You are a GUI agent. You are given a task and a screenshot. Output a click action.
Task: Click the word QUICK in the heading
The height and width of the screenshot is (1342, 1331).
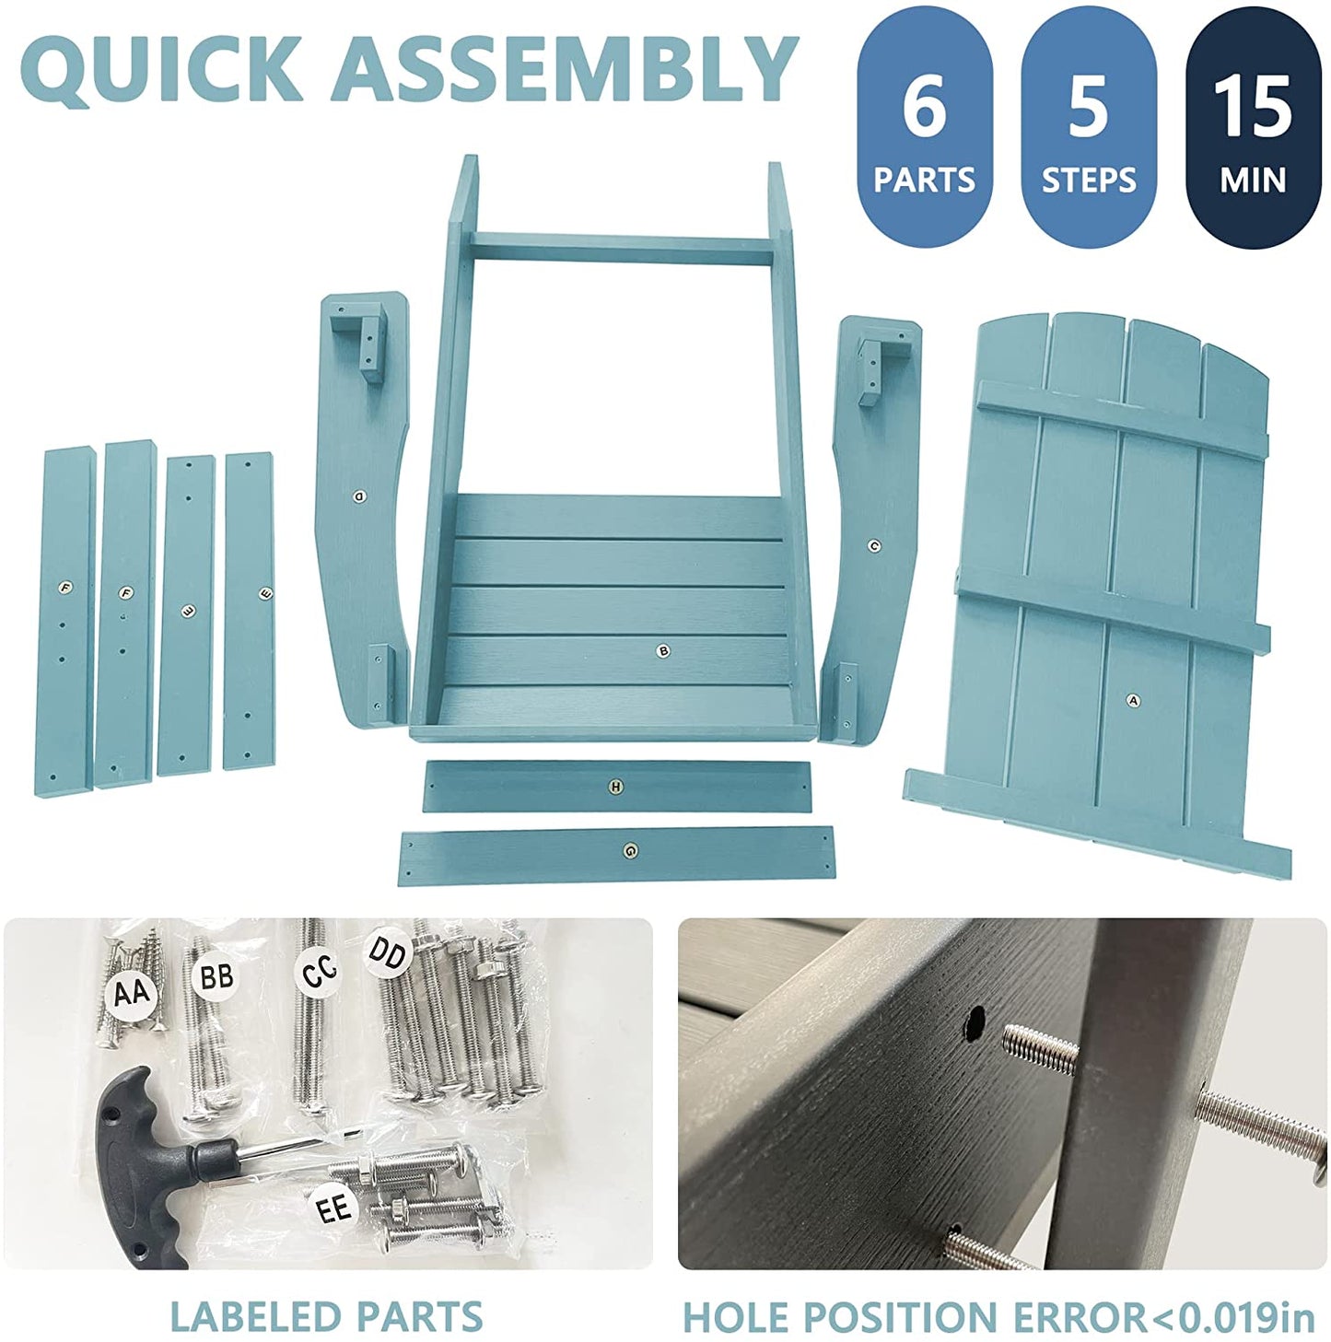(162, 70)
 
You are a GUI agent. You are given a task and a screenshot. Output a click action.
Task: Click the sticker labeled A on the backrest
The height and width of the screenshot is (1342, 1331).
(1133, 701)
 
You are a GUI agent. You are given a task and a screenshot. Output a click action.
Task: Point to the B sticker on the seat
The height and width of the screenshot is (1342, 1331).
(664, 652)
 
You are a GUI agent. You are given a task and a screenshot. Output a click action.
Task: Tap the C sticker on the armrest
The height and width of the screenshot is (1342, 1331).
(875, 547)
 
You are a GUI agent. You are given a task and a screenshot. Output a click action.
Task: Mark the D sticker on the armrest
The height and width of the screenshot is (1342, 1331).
(359, 496)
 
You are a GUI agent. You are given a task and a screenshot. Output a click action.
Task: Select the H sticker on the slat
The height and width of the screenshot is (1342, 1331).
(615, 787)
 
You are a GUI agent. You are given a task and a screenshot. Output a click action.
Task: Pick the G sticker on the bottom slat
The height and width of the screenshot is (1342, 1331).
(630, 850)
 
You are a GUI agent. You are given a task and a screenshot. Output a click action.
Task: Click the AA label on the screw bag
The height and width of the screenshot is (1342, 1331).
(131, 993)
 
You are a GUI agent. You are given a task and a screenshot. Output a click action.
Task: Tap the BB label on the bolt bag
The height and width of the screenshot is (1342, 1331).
(216, 975)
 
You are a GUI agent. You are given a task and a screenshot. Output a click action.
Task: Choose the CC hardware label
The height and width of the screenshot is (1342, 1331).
(319, 971)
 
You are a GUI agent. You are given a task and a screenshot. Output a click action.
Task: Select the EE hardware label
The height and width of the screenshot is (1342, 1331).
(333, 1209)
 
